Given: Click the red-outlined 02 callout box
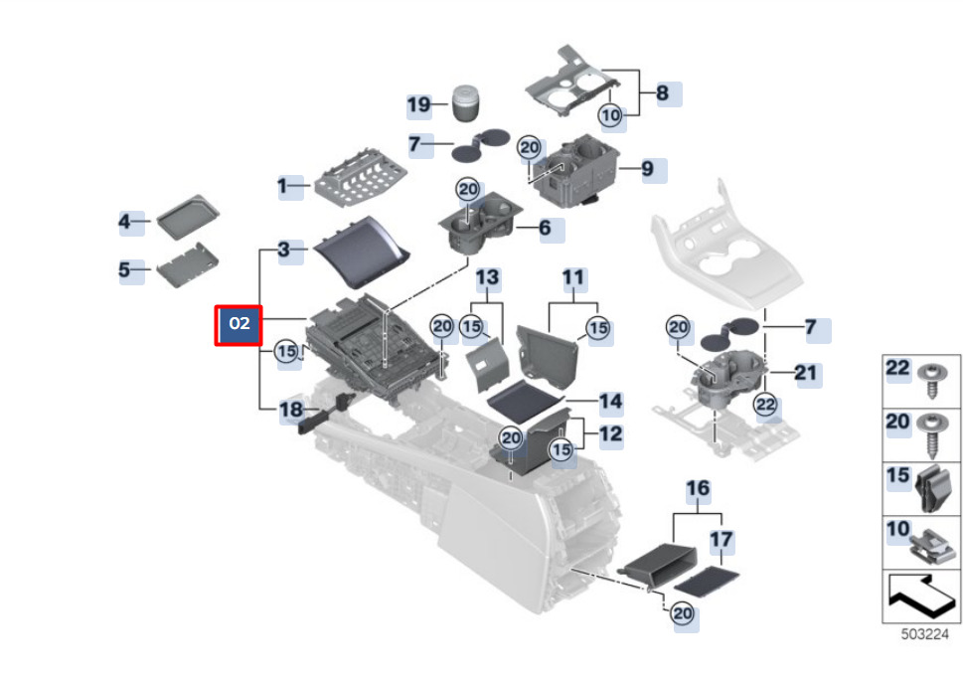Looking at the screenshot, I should [239, 325].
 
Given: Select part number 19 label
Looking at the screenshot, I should [419, 105].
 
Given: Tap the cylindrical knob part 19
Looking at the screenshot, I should [465, 102].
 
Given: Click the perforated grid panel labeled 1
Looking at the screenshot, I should [363, 177].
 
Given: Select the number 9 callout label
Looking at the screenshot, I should [647, 169].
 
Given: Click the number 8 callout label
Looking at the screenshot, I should [662, 94].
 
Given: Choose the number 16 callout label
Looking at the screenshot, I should [699, 488].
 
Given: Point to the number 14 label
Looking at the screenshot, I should [610, 402].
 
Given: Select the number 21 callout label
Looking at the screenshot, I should [805, 373].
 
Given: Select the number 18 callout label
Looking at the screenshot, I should [290, 410].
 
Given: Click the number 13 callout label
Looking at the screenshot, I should [487, 275].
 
